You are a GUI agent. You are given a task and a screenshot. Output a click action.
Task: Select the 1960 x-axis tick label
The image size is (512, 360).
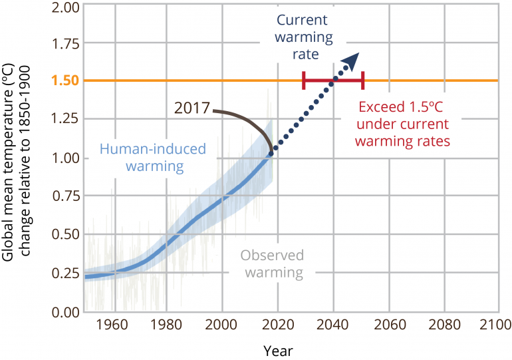tap(115, 326)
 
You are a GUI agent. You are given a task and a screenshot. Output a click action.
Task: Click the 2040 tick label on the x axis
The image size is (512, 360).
tap(334, 326)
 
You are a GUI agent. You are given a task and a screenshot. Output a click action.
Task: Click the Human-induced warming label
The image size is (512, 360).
tap(152, 157)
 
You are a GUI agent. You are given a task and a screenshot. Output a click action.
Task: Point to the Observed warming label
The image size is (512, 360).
tap(271, 264)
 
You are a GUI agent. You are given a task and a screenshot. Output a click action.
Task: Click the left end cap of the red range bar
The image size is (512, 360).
tap(303, 81)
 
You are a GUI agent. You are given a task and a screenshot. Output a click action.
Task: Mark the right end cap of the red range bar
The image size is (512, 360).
tap(363, 81)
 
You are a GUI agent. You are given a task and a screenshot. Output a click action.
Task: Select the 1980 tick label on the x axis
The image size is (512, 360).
tap(170, 326)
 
